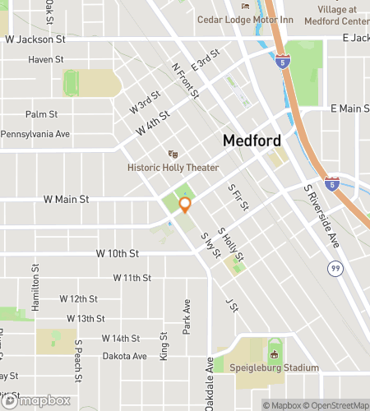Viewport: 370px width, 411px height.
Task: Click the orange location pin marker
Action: pos(185,205)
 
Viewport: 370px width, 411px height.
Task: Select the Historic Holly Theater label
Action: pos(173,168)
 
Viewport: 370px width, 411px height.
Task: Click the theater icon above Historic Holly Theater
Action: pos(173,154)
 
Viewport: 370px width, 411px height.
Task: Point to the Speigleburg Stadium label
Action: pos(275,367)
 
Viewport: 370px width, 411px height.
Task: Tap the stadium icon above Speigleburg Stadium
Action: pos(275,354)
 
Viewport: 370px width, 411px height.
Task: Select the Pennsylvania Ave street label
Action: pos(35,133)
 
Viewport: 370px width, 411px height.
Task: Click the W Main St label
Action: pos(65,199)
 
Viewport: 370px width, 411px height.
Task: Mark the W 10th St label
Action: pos(117,253)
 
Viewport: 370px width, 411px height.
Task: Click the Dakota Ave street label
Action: pos(124,356)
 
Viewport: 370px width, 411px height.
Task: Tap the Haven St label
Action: pos(46,60)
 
